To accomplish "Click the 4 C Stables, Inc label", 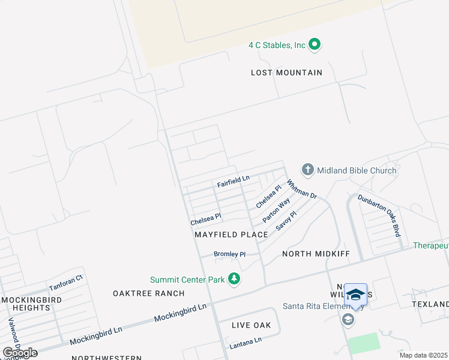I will (x=277, y=45).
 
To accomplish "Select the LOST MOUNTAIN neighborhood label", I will (x=286, y=73).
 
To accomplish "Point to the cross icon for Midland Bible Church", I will (x=308, y=170).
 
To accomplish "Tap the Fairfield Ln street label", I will (x=233, y=179).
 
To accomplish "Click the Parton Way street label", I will (x=276, y=211).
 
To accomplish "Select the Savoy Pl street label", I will (x=286, y=221).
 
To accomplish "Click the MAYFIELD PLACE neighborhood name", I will (x=231, y=235).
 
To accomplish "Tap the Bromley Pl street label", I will (x=230, y=254).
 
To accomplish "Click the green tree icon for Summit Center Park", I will (x=234, y=279).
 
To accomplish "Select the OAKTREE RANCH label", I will (x=148, y=293).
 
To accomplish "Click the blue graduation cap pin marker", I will (x=355, y=295).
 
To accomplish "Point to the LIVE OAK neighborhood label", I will (x=252, y=325).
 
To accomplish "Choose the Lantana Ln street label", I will (x=246, y=343).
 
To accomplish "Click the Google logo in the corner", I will (x=20, y=352).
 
